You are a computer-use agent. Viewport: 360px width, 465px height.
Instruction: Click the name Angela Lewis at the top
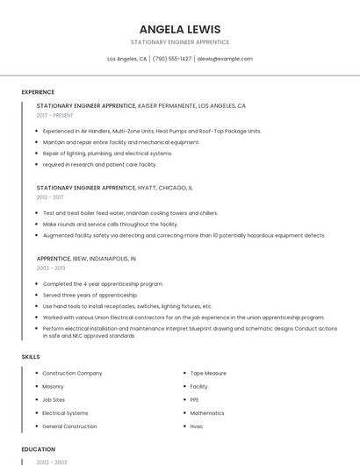pos(179,29)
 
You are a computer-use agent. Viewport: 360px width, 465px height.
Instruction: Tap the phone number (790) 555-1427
pos(172,59)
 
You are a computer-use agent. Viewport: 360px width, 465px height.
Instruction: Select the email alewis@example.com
pos(225,59)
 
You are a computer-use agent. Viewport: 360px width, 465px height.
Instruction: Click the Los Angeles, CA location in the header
pos(126,59)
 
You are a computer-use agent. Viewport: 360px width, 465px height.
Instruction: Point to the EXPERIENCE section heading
pos(38,92)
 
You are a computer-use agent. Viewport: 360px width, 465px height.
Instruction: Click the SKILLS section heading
pos(31,357)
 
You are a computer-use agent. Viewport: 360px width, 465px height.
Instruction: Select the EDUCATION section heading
pos(38,449)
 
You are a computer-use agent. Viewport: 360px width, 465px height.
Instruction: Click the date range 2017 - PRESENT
pos(55,115)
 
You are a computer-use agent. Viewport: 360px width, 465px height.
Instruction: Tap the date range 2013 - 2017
pos(50,197)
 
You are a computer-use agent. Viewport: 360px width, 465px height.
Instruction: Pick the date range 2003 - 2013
pos(50,268)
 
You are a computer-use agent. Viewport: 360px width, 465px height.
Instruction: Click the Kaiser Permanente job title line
pos(140,105)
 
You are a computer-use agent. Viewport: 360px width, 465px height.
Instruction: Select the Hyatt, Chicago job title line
pos(114,188)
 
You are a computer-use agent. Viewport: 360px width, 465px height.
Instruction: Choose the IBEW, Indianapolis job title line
pos(86,259)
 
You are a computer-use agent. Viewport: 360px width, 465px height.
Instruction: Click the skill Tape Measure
pos(208,373)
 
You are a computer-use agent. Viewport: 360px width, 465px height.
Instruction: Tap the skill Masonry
pos(53,386)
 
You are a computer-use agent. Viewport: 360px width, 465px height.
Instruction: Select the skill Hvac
pos(197,426)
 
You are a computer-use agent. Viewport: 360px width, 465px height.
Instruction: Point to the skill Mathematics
pos(207,412)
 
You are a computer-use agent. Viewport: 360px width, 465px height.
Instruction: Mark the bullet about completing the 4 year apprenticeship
pos(103,284)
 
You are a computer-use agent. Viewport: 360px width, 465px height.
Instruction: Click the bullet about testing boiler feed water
pos(130,213)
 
